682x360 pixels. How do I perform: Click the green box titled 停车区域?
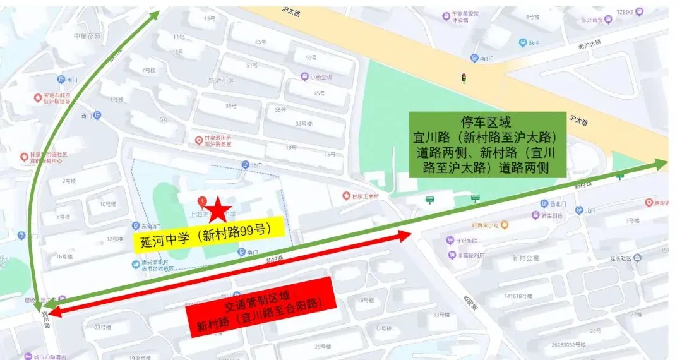(x=487, y=145)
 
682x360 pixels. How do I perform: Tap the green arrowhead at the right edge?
(x=661, y=164)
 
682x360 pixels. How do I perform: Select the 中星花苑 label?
(x=87, y=35)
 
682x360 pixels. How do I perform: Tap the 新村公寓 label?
(x=525, y=258)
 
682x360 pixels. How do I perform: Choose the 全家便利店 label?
(x=470, y=256)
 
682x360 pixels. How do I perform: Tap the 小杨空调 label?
(x=320, y=77)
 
